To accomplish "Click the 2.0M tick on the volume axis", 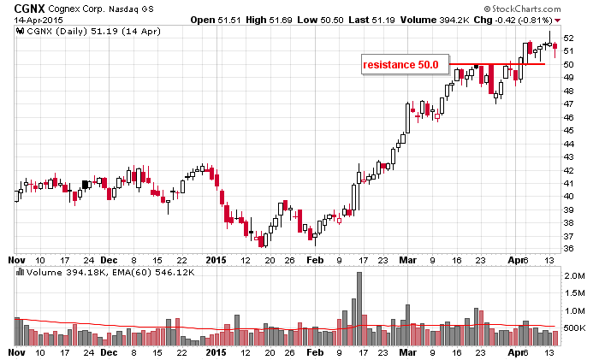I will coord(574,277).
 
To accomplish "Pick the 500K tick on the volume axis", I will coord(573,328).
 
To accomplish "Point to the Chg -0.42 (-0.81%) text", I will coord(519,19).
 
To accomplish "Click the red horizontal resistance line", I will coord(496,64).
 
